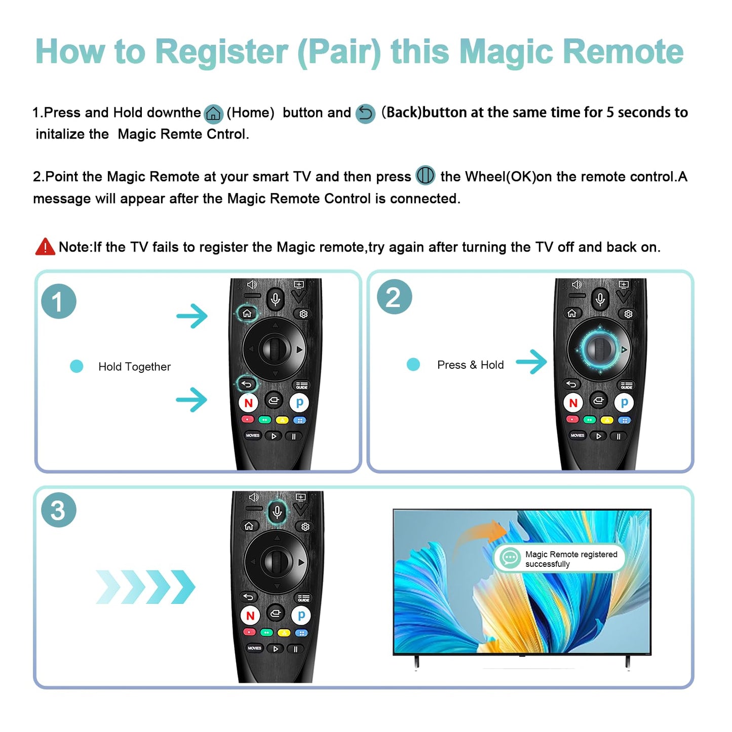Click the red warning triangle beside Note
coord(45,247)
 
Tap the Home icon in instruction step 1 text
coord(213,113)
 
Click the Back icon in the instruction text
coord(365,113)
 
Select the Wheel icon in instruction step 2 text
coord(426,176)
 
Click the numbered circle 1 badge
coord(59,301)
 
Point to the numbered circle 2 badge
coord(394,297)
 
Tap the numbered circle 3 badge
coord(59,510)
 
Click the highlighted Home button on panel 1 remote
coord(247,313)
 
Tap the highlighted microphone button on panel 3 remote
coord(277,512)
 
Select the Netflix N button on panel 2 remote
coord(573,403)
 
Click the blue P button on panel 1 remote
coord(299,403)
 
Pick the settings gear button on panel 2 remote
coord(628,314)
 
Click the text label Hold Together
coord(134,367)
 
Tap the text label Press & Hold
coord(470,365)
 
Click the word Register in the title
coord(221,52)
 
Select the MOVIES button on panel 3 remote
coord(254,648)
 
